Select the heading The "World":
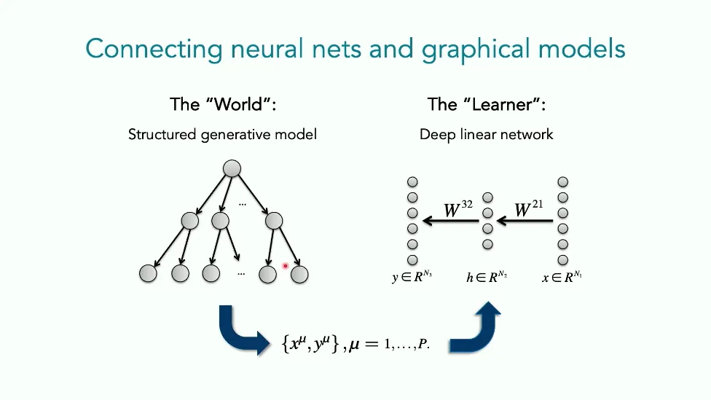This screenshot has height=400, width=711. click(x=224, y=104)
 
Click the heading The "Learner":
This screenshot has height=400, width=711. click(x=487, y=104)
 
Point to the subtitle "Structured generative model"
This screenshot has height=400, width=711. click(x=222, y=135)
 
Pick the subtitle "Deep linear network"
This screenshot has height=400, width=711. click(x=487, y=135)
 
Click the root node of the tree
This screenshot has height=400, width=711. click(x=231, y=168)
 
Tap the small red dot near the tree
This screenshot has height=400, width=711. click(x=286, y=266)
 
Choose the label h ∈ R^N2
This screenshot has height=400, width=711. click(x=487, y=278)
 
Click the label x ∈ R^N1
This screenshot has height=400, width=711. click(x=561, y=278)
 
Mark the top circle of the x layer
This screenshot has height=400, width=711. click(x=562, y=181)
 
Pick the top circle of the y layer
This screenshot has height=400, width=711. click(x=412, y=181)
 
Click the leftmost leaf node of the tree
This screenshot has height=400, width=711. click(x=148, y=274)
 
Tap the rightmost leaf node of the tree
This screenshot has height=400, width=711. click(x=300, y=274)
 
